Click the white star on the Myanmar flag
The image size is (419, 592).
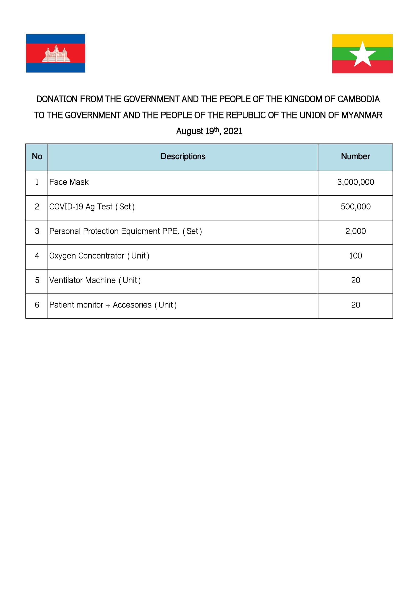click(x=363, y=55)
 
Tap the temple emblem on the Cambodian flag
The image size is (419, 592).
click(x=56, y=54)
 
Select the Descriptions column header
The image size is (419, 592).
click(x=183, y=156)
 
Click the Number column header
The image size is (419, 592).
click(x=355, y=156)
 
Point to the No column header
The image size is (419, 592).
click(x=37, y=156)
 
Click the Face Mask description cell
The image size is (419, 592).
click(x=69, y=182)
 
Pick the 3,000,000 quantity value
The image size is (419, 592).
click(x=355, y=182)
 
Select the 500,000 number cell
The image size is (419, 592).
click(x=355, y=207)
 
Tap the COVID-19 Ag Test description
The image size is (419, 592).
click(x=92, y=207)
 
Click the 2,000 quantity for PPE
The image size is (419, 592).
click(x=355, y=231)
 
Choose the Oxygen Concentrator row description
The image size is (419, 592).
click(x=99, y=256)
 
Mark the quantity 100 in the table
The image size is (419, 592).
click(x=355, y=256)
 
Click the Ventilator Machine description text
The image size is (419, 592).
click(x=95, y=280)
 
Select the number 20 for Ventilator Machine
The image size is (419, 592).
click(x=355, y=280)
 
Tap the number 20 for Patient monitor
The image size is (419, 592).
click(x=355, y=305)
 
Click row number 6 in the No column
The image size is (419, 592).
click(x=37, y=305)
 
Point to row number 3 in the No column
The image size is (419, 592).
click(x=37, y=231)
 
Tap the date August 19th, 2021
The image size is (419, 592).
click(x=209, y=131)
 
